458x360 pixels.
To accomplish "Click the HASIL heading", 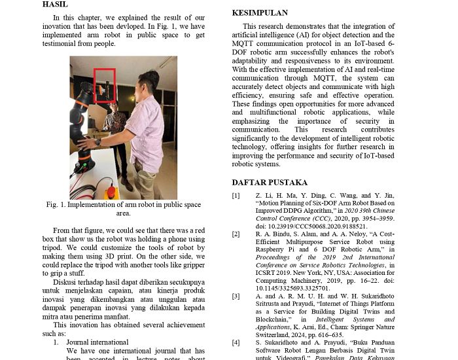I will click(55, 4).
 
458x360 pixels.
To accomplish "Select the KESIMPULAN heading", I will click(260, 12).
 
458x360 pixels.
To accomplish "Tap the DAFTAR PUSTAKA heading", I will click(270, 182).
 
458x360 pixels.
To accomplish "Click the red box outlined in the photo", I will click(105, 85).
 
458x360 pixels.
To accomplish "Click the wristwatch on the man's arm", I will click(97, 141).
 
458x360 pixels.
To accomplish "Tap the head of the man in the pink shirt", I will click(149, 82).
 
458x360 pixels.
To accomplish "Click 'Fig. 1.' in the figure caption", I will click(56, 205).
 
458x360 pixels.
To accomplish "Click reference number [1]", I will click(236, 196).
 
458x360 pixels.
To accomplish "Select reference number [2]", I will click(236, 234).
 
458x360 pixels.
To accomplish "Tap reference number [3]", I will click(236, 296).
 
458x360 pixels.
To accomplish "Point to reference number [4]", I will click(236, 342).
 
